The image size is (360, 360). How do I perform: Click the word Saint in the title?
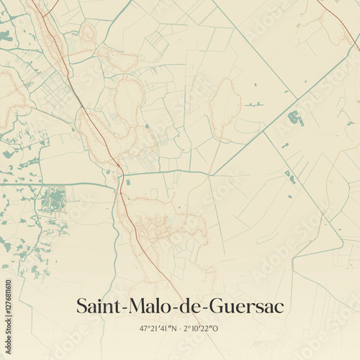(99, 307)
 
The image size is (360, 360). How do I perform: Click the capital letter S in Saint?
(81, 307)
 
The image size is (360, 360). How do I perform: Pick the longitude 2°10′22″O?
(202, 328)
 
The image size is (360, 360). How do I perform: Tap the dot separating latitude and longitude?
(180, 328)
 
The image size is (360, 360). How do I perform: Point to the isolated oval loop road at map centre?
(225, 108)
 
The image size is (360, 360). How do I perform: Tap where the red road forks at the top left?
(45, 16)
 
